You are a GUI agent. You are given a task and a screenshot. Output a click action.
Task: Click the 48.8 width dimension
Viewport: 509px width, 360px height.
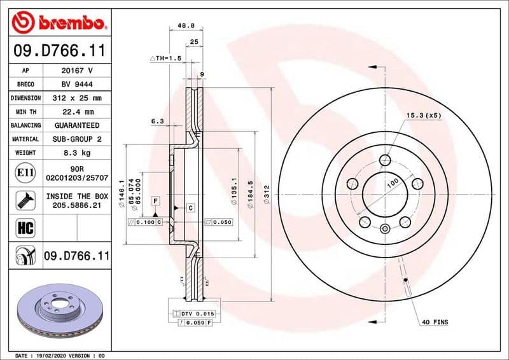pyautogui.click(x=185, y=26)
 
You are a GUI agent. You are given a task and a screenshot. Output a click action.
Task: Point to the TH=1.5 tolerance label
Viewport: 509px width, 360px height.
pyautogui.click(x=166, y=58)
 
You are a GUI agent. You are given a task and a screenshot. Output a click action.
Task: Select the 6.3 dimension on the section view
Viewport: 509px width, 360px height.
pyautogui.click(x=158, y=120)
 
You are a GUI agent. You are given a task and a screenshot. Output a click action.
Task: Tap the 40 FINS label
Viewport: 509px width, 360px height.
pyautogui.click(x=435, y=322)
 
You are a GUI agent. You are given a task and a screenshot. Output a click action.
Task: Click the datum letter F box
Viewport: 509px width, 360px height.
pyautogui.click(x=155, y=201)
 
